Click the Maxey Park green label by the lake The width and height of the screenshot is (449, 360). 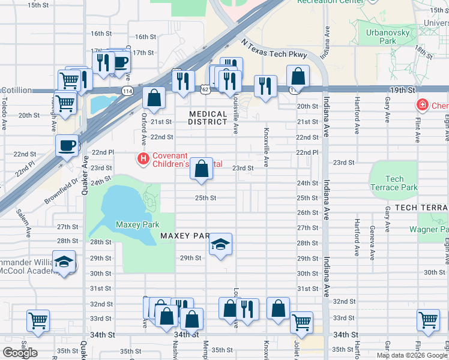(x=137, y=224)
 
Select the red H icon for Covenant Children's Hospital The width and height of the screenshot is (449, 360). (x=143, y=159)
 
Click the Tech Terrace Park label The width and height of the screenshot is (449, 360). (x=394, y=183)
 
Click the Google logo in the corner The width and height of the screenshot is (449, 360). (x=20, y=352)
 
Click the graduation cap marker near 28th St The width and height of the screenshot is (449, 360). (x=220, y=244)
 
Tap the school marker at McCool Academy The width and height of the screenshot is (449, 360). (x=64, y=262)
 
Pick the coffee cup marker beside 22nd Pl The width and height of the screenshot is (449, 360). (x=67, y=145)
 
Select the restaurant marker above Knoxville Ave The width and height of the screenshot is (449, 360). (x=265, y=86)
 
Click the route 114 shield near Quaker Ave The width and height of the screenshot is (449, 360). (x=127, y=91)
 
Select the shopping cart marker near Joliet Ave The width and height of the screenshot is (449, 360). (x=301, y=322)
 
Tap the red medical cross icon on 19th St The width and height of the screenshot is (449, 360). (x=423, y=106)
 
